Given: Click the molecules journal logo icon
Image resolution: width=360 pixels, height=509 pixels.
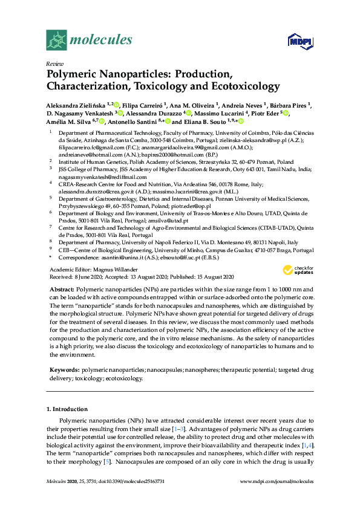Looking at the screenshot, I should click(56, 41).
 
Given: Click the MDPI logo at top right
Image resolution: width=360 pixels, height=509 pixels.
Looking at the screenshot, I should click(297, 41).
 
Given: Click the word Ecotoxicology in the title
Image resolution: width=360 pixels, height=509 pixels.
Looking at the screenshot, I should click(240, 86).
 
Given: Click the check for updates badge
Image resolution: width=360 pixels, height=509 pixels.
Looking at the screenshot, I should click(303, 268).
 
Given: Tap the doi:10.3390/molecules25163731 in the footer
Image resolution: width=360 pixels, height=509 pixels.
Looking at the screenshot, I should click(135, 481).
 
